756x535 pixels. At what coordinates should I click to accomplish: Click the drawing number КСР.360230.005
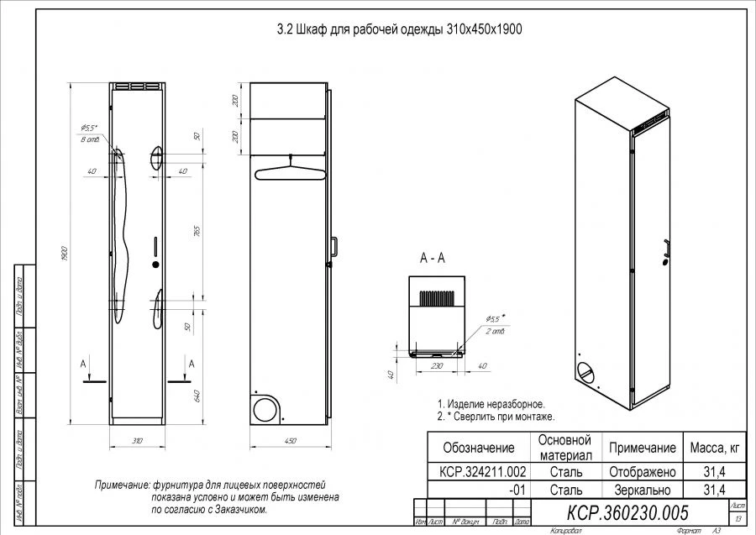click(x=628, y=512)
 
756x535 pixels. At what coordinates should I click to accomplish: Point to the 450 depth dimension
click(x=287, y=440)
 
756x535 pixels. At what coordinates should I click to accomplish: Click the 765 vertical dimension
click(x=196, y=233)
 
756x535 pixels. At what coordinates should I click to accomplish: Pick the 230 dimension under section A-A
click(x=437, y=366)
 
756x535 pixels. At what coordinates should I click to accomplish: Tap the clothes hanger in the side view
click(x=287, y=171)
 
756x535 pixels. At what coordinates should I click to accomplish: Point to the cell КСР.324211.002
click(x=477, y=472)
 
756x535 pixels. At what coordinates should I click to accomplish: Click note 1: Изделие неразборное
click(x=491, y=404)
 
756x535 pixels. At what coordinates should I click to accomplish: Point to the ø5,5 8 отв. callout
click(x=90, y=133)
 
